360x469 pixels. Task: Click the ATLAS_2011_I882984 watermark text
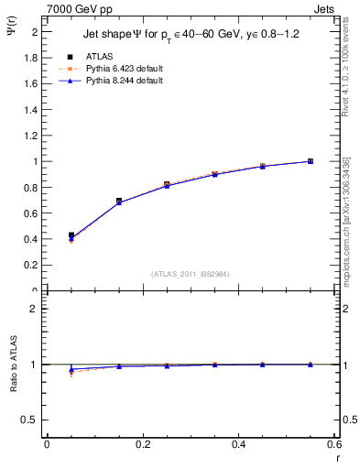[x=191, y=273]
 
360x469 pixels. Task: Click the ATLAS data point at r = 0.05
[x=71, y=235]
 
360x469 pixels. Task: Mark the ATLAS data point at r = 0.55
[x=311, y=161]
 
